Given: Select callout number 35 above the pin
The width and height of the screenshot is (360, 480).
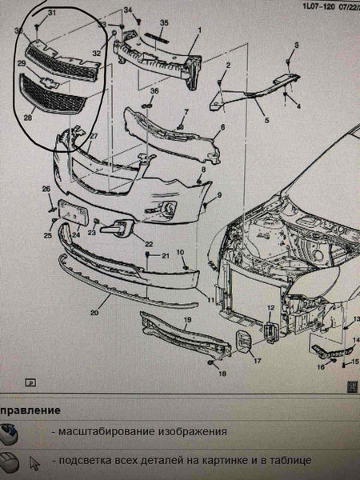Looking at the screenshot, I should pos(163,22).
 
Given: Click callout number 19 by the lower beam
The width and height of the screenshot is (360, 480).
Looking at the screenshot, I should pos(186,322).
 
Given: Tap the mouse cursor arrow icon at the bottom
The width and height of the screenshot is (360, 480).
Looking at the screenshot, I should pos(34,462).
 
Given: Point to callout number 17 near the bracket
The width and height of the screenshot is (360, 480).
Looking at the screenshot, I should pos(258,360).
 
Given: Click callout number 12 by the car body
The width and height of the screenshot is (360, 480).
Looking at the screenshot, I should pos(270,308).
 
